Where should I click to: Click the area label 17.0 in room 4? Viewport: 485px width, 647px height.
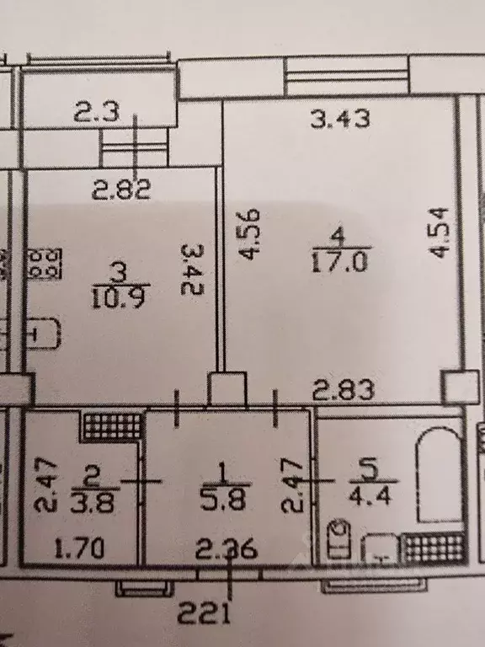tap(339, 262)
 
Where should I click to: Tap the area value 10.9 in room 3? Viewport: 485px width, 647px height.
tap(120, 297)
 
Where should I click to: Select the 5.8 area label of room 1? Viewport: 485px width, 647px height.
tap(223, 499)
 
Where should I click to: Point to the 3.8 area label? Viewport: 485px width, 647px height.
tap(93, 502)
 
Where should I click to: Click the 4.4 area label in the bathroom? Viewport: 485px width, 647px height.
tap(370, 495)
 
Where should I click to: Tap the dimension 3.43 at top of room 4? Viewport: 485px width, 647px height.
tap(340, 120)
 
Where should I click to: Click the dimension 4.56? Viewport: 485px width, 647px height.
tap(250, 234)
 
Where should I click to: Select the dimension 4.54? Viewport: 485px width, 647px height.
tap(438, 233)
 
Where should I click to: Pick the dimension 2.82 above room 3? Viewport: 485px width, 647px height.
tap(121, 190)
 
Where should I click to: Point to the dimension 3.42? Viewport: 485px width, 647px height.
tap(193, 270)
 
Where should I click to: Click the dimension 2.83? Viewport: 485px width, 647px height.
tap(344, 390)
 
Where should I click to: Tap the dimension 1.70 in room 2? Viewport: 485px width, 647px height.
tap(79, 549)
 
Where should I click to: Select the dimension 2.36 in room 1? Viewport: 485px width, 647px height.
tap(227, 549)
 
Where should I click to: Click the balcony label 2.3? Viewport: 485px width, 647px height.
tap(98, 112)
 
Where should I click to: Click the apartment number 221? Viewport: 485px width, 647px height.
tap(204, 613)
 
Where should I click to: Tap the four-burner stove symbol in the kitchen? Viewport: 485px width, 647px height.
tap(45, 264)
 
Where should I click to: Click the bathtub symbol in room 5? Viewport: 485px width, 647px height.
tap(439, 475)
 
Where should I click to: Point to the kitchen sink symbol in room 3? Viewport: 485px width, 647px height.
tap(44, 334)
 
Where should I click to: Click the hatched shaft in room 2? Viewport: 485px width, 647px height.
tap(112, 425)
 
